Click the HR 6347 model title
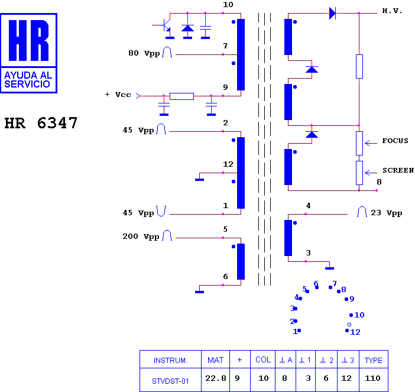click(x=41, y=123)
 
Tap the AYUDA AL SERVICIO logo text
click(x=28, y=80)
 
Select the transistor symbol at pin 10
click(x=164, y=25)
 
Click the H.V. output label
click(x=392, y=11)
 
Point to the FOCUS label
click(x=395, y=141)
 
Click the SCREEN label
click(x=398, y=170)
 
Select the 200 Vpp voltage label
click(x=141, y=237)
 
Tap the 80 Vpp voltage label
click(x=144, y=53)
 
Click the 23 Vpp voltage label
click(x=387, y=213)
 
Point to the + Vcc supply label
click(x=118, y=95)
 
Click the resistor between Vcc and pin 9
click(x=181, y=96)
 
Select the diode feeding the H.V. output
click(x=332, y=13)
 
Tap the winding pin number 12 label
click(x=228, y=164)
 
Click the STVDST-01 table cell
click(x=170, y=381)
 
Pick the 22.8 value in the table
click(x=216, y=378)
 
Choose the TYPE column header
click(x=374, y=360)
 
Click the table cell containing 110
click(x=372, y=378)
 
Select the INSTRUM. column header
click(x=170, y=361)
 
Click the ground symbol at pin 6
click(x=200, y=292)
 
